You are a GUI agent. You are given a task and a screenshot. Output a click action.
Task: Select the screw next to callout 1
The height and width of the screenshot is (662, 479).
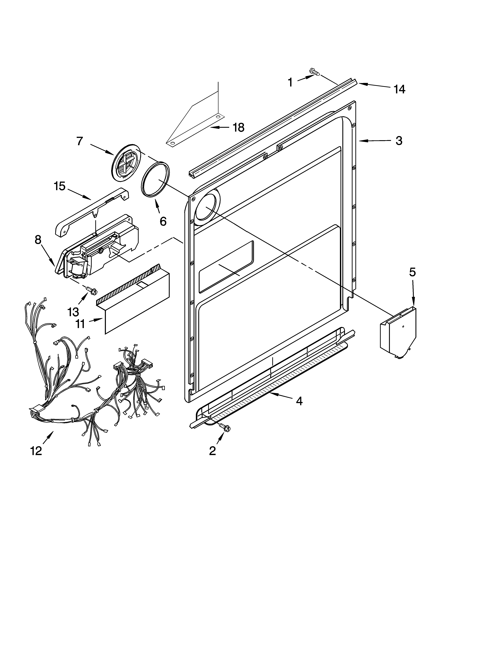pos(314,71)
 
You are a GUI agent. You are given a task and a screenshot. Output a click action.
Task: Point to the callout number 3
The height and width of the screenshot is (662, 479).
pos(399,141)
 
